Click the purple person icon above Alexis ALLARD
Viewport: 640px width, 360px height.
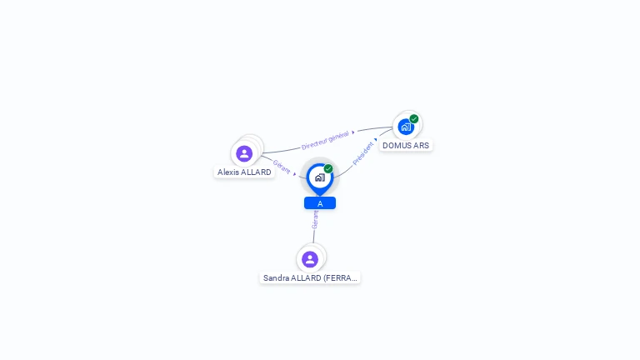coord(244,153)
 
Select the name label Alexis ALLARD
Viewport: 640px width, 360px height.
coord(244,172)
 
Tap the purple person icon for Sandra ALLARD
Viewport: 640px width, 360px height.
coord(310,259)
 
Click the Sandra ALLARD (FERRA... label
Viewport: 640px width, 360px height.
coord(310,278)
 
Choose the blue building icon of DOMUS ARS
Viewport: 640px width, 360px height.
coord(405,127)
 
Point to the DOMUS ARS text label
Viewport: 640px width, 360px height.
coord(406,146)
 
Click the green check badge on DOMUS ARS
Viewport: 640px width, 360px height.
coord(414,119)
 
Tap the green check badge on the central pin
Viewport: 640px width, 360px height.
coord(328,169)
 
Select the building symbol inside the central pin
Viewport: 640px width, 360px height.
coord(319,177)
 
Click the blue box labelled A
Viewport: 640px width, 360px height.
coord(320,203)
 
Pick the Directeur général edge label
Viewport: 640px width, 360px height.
coord(325,139)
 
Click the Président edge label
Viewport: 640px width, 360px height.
coord(363,153)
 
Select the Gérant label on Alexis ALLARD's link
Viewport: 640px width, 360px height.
coord(282,166)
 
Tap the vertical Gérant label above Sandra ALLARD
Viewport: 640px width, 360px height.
coord(315,218)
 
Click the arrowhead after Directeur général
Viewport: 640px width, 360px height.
coord(353,132)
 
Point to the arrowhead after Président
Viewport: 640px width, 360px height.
coord(376,140)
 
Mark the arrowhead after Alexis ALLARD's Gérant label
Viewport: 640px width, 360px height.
coord(295,174)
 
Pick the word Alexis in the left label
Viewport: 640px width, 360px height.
coord(227,172)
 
